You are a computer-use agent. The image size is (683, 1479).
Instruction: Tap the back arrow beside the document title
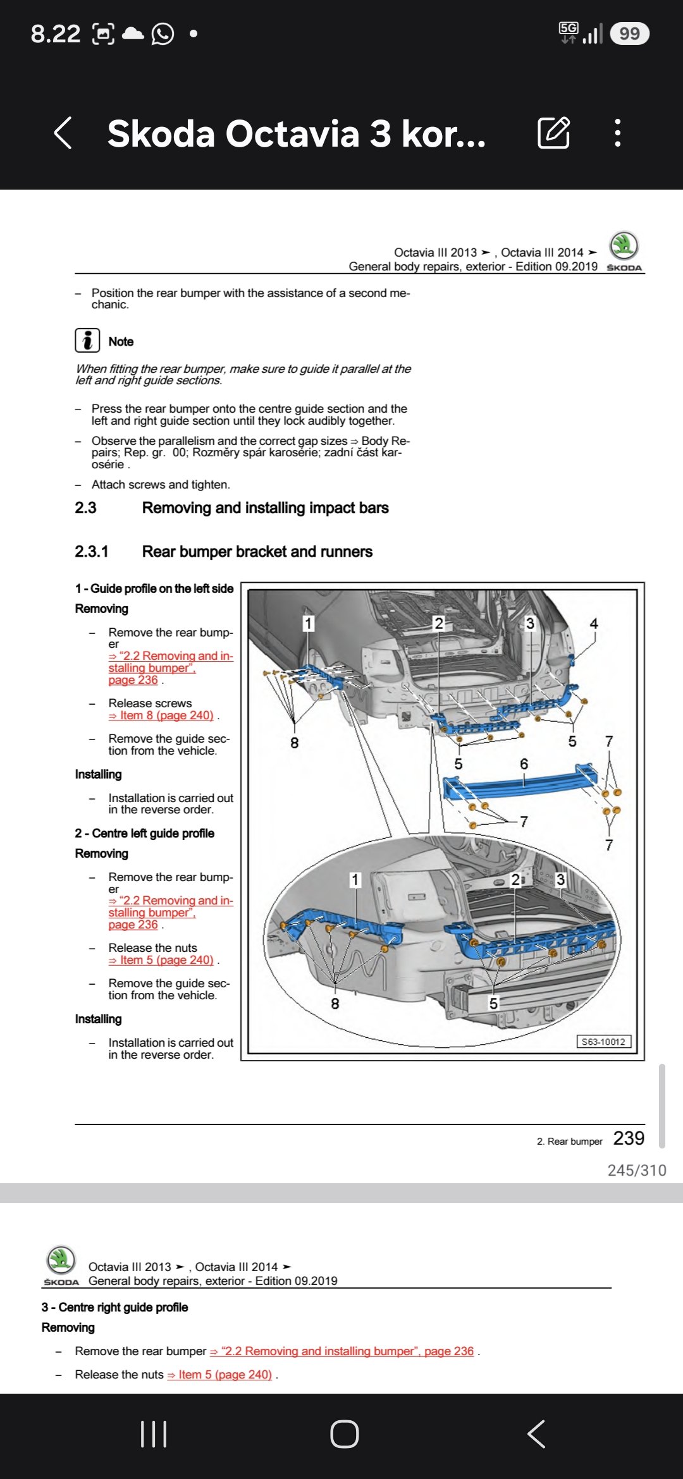pyautogui.click(x=63, y=133)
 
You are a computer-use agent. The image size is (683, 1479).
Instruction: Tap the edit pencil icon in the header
pyautogui.click(x=554, y=133)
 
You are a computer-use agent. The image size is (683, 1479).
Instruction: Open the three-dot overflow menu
pyautogui.click(x=618, y=133)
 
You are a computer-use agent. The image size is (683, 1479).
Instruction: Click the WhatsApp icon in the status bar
pyautogui.click(x=163, y=33)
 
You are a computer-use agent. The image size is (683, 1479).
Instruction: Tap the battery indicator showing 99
pyautogui.click(x=630, y=33)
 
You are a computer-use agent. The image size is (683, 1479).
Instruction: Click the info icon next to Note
pyautogui.click(x=87, y=340)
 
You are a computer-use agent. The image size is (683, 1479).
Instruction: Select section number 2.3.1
pyautogui.click(x=92, y=552)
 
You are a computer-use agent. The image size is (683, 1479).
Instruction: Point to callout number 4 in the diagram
pyautogui.click(x=594, y=623)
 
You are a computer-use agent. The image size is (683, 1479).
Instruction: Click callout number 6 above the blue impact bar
pyautogui.click(x=524, y=764)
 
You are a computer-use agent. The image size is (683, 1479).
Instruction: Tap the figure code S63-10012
pyautogui.click(x=603, y=1042)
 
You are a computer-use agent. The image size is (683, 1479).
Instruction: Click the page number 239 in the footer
pyautogui.click(x=629, y=1138)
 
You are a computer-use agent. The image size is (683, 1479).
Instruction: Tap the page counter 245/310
pyautogui.click(x=637, y=1171)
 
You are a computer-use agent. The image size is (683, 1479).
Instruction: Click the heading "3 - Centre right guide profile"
pyautogui.click(x=115, y=1307)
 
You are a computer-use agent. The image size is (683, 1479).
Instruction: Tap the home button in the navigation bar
pyautogui.click(x=345, y=1434)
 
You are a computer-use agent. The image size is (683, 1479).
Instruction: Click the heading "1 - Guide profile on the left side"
pyautogui.click(x=154, y=588)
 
